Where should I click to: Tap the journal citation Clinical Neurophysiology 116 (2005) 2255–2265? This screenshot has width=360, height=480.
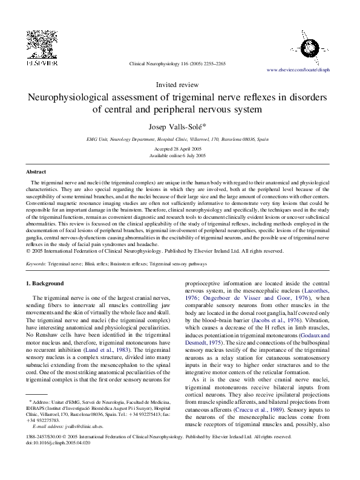pyautogui.click(x=177, y=63)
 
